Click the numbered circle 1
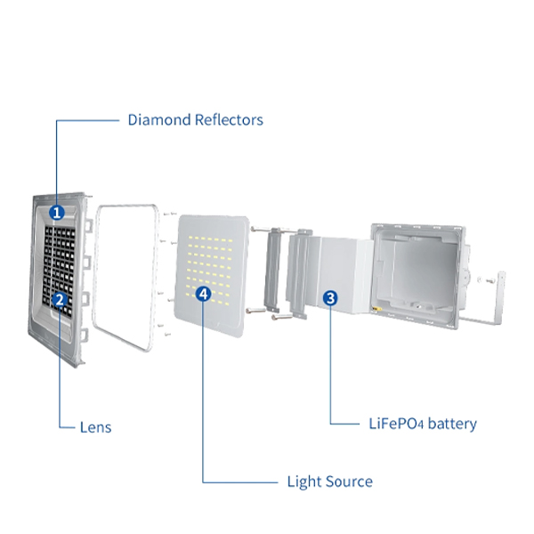[57, 213]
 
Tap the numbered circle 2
[60, 300]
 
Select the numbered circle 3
[330, 298]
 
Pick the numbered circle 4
[204, 293]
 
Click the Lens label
[94, 427]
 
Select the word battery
[452, 424]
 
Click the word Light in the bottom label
[302, 481]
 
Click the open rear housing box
[418, 267]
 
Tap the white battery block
[343, 276]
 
